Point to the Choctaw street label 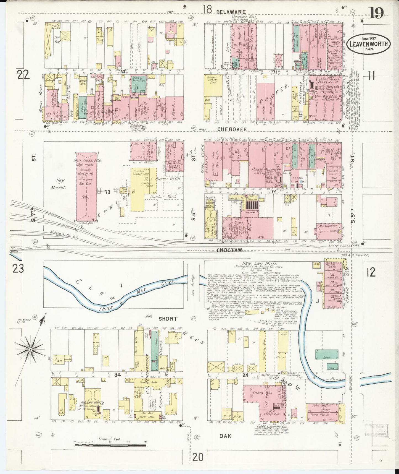pyautogui.click(x=229, y=250)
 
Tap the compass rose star pyautogui.click(x=30, y=350)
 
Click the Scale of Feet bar pyautogui.click(x=110, y=445)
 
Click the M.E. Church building pyautogui.click(x=328, y=226)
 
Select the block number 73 pyautogui.click(x=107, y=192)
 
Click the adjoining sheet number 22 pyautogui.click(x=23, y=75)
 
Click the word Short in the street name pyautogui.click(x=168, y=319)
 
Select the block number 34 pyautogui.click(x=118, y=375)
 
